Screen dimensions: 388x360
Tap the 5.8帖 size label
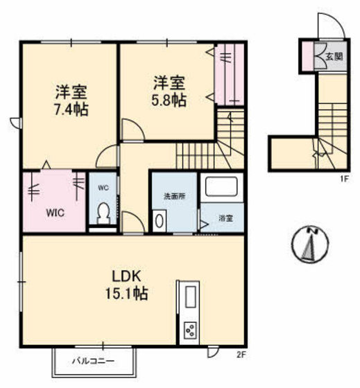169,100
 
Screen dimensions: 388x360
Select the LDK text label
127,274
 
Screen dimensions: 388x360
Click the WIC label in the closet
55,213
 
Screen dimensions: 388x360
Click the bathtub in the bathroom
221,187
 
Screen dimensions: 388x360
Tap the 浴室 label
225,218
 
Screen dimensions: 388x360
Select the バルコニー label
93,361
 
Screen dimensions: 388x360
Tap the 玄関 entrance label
334,56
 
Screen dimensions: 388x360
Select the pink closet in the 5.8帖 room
225,73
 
